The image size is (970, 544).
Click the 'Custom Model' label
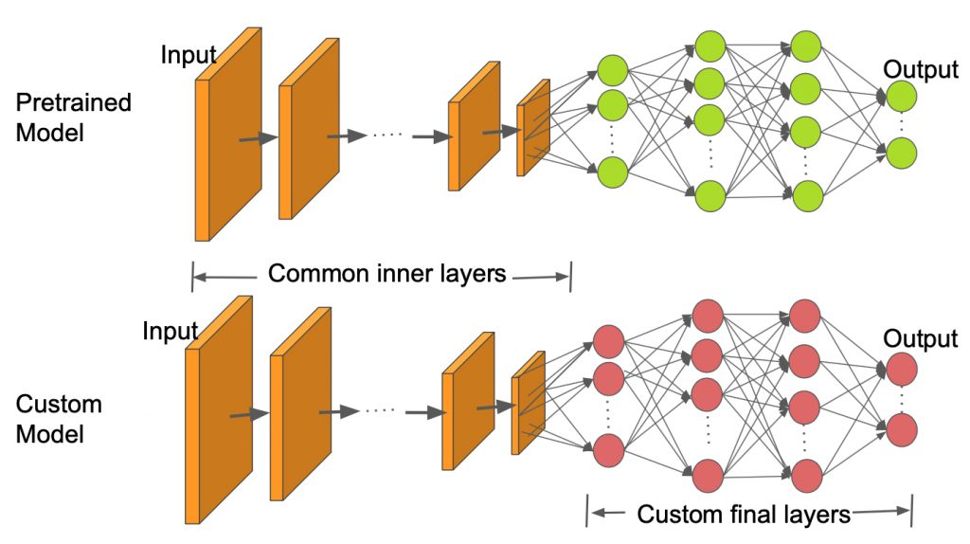(x=58, y=419)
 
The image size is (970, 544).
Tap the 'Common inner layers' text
(x=386, y=274)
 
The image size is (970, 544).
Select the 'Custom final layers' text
(x=744, y=515)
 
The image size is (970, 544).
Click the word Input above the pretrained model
(x=188, y=55)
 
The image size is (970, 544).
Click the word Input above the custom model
(x=170, y=331)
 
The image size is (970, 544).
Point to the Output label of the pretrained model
(x=920, y=70)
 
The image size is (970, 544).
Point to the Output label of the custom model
(x=920, y=338)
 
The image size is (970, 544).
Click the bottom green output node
(x=901, y=153)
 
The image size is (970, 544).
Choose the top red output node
(x=901, y=368)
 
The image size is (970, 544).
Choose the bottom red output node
(x=901, y=428)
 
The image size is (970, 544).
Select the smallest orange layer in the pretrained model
(x=532, y=128)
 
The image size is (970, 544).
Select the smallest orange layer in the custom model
(x=528, y=402)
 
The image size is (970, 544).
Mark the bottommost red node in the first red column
(x=608, y=449)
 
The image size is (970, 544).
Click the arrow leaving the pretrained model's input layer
(x=256, y=139)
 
